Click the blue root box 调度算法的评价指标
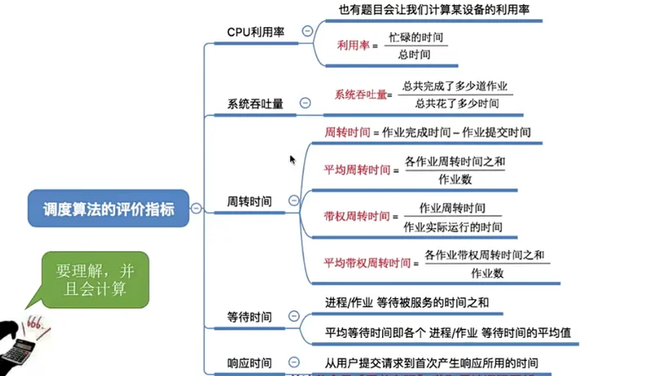(108, 208)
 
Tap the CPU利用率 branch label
(255, 31)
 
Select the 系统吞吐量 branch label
(255, 104)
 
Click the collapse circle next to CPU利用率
(307, 30)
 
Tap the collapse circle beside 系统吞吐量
(305, 103)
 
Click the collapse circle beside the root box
(196, 208)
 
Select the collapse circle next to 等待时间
(293, 316)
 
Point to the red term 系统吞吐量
(360, 95)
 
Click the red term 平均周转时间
(357, 170)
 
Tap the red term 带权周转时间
(357, 216)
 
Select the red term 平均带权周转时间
(368, 263)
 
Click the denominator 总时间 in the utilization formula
(414, 55)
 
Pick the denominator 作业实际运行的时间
(453, 226)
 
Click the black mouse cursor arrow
(292, 159)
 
